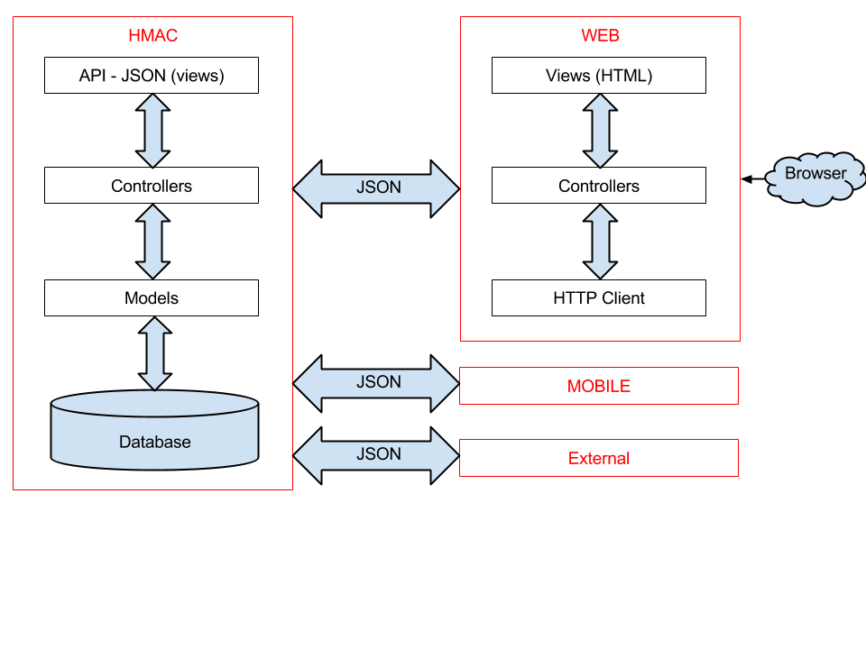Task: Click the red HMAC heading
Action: (152, 36)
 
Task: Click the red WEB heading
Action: (600, 36)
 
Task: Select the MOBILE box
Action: (599, 386)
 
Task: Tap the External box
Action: (599, 458)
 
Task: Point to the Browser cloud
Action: (815, 178)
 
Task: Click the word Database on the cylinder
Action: (155, 442)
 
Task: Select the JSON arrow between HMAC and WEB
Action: (376, 189)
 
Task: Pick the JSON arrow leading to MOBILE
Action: (376, 384)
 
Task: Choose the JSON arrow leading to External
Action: (376, 455)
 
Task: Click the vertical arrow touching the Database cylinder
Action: (155, 353)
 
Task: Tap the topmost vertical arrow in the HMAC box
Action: (152, 131)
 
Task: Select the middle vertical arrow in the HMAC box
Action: (152, 242)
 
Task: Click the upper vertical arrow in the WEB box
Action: (600, 131)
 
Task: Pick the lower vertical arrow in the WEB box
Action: (600, 242)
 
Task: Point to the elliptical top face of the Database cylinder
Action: (155, 404)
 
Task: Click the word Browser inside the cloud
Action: (815, 173)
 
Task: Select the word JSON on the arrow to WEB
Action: (379, 187)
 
